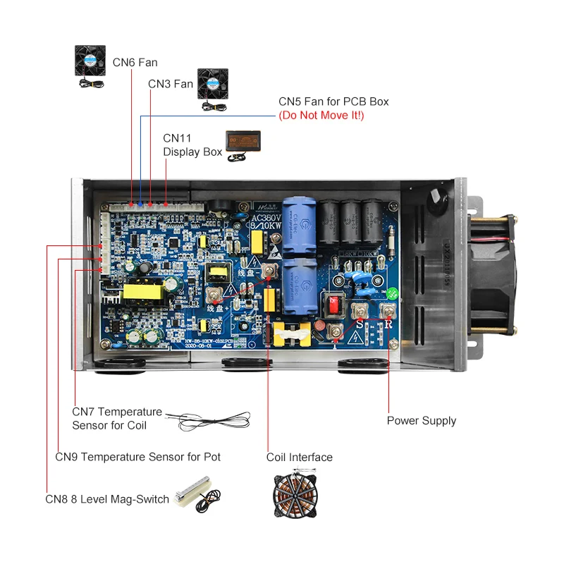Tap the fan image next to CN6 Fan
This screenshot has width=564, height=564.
point(92,66)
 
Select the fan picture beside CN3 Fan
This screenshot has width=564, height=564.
point(212,88)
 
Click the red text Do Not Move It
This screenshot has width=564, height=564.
point(321,115)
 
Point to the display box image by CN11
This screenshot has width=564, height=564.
point(243,146)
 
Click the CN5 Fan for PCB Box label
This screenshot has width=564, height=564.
point(333,102)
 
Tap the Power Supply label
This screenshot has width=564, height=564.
point(421,421)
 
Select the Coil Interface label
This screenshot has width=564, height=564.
point(299,458)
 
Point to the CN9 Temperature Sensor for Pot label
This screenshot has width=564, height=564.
point(137,457)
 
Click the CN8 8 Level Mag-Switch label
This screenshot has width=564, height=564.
point(107,499)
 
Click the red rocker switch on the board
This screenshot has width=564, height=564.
point(333,305)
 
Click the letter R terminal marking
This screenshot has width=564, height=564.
point(388,325)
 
